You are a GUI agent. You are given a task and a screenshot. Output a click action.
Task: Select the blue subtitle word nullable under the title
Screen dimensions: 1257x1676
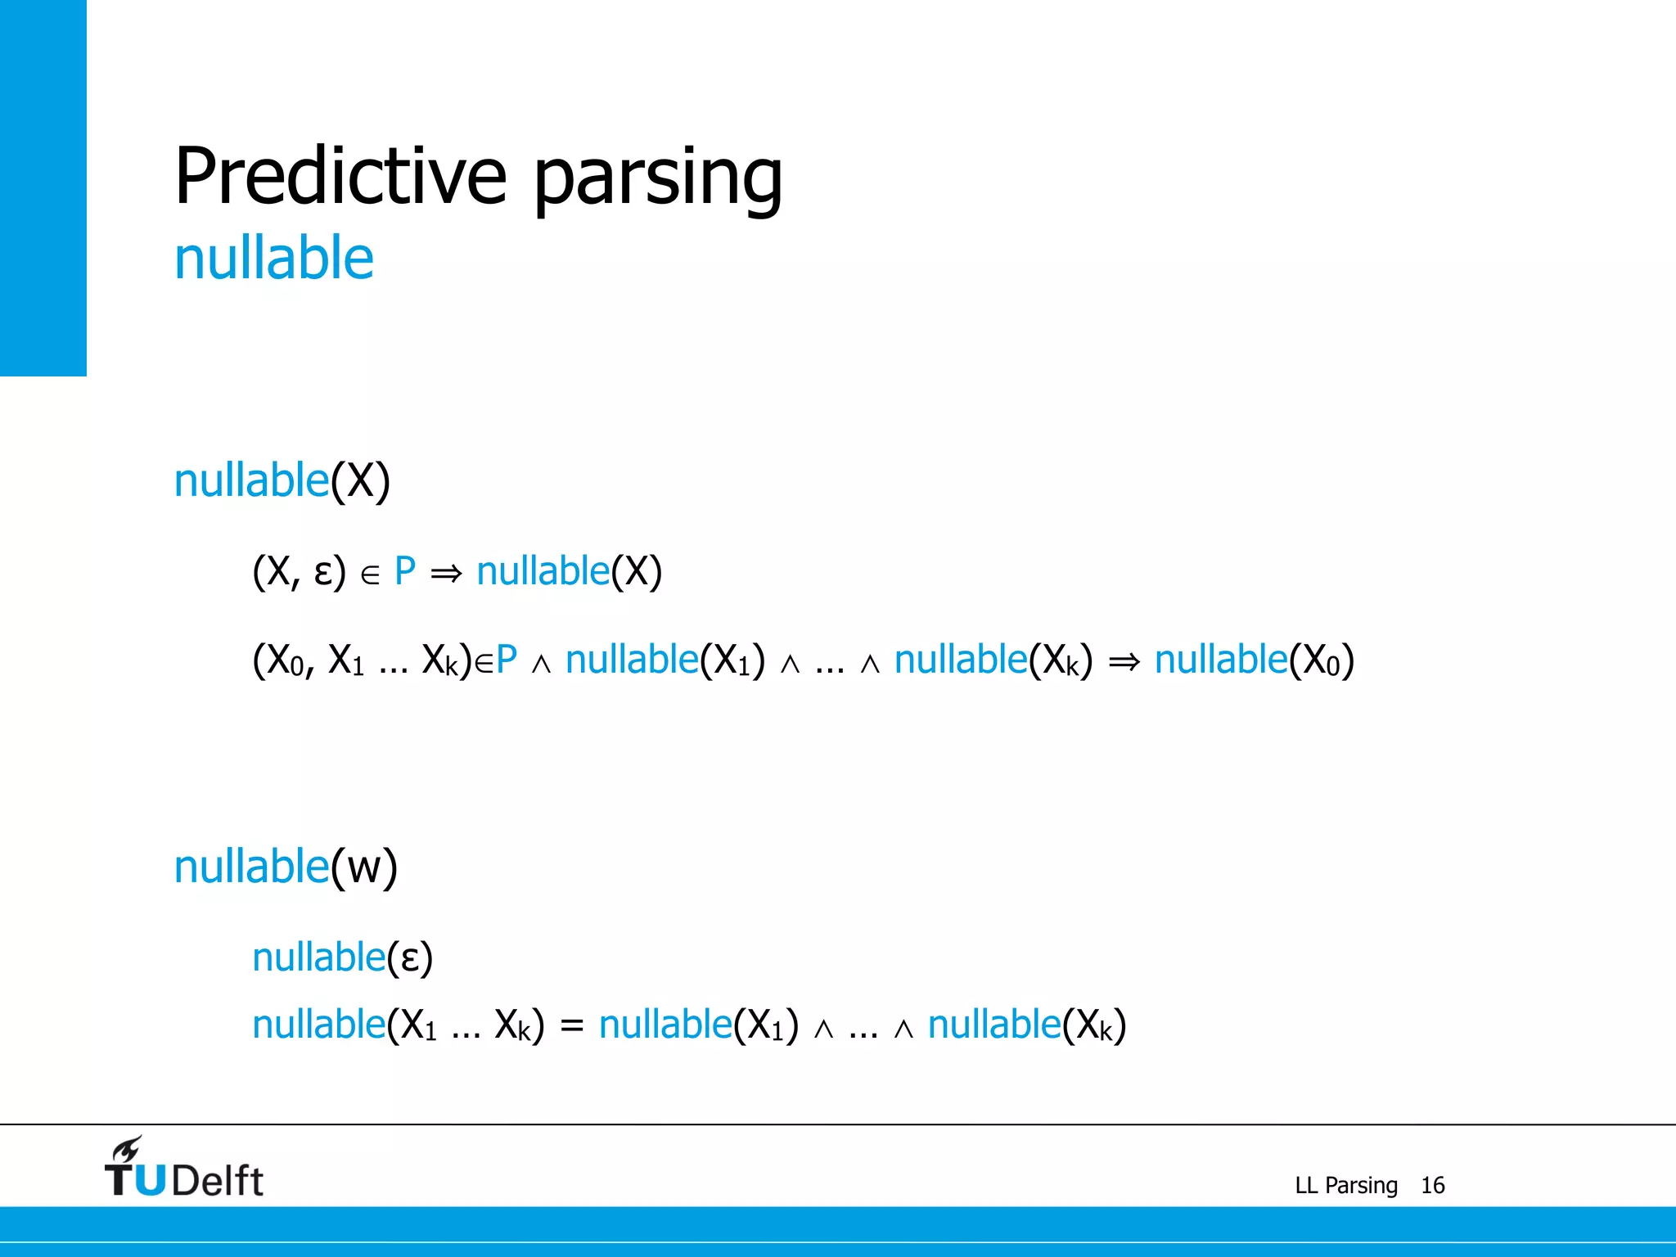[x=274, y=259]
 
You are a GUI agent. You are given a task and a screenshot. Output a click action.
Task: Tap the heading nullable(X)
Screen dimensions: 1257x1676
[x=282, y=480]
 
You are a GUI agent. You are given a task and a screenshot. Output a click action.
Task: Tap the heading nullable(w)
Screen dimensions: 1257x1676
[x=286, y=867]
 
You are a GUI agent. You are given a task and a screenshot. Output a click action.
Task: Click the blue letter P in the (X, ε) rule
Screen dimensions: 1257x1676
[x=405, y=571]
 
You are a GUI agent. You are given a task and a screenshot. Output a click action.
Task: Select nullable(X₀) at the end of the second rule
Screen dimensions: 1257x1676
[x=1254, y=660]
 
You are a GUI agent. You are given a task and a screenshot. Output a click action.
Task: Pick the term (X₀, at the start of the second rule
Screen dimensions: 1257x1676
[x=283, y=660]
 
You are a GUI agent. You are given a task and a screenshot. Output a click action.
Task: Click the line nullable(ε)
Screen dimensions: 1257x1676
[x=342, y=957]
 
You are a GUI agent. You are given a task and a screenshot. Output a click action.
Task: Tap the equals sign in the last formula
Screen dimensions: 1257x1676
[x=572, y=1025]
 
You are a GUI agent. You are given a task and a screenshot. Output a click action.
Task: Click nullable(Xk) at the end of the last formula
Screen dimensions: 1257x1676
[x=1027, y=1025]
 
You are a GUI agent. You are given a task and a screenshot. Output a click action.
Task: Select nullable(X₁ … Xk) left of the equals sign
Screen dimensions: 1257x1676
[x=398, y=1025]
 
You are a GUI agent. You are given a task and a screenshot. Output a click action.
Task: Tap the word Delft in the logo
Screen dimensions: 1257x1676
[x=218, y=1181]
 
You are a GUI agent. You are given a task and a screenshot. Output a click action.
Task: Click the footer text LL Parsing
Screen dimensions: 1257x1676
[x=1345, y=1185]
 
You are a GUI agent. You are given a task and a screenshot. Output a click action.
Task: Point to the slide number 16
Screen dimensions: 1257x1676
[x=1432, y=1185]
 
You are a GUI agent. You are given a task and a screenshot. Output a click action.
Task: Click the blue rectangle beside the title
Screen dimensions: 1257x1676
[x=43, y=187]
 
